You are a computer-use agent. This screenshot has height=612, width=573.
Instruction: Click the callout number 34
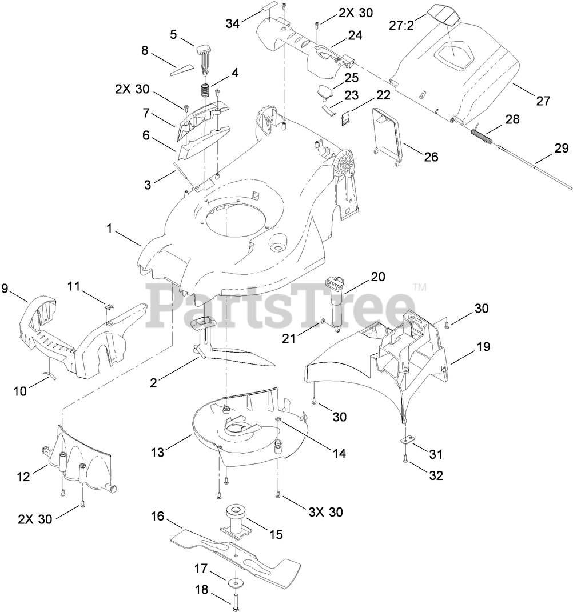pyautogui.click(x=233, y=23)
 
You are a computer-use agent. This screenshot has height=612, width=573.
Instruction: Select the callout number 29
pyautogui.click(x=562, y=149)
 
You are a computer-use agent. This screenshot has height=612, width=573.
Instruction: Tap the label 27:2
pyautogui.click(x=401, y=26)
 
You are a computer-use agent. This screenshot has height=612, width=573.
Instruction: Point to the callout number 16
pyautogui.click(x=157, y=517)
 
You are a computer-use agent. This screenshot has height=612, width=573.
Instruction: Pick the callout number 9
pyautogui.click(x=5, y=289)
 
